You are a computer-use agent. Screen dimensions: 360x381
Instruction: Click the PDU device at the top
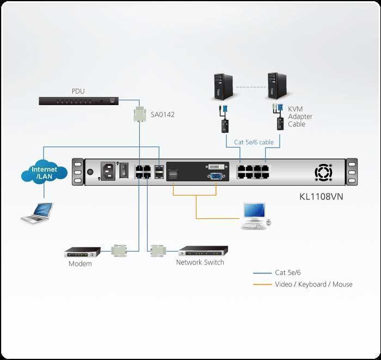(78, 101)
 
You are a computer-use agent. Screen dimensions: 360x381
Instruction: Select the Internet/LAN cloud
(44, 173)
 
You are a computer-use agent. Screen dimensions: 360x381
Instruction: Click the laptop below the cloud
(37, 212)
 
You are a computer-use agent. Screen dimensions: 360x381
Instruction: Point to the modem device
(82, 253)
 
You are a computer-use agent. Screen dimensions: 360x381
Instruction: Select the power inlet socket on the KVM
(107, 170)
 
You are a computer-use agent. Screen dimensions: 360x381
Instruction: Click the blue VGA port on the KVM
(215, 175)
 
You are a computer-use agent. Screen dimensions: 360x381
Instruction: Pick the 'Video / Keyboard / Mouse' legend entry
(314, 284)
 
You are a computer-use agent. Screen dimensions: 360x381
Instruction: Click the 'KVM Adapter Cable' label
(298, 117)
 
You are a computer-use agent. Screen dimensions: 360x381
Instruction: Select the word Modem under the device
(80, 264)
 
